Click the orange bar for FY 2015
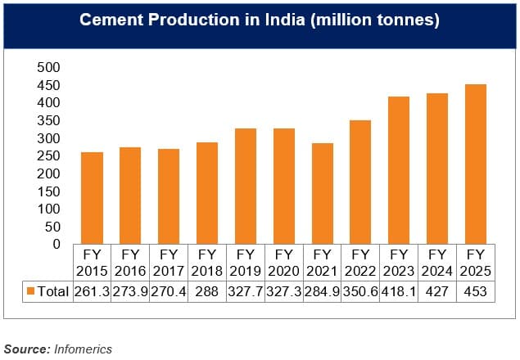click(x=92, y=198)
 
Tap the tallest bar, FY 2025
click(x=476, y=164)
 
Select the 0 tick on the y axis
click(x=57, y=244)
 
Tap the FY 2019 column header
click(x=245, y=263)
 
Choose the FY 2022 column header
click(x=360, y=263)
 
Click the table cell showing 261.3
click(x=92, y=290)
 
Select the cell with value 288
click(x=206, y=290)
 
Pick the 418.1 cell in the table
click(x=399, y=290)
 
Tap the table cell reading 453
click(x=476, y=290)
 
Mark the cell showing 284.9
click(x=322, y=290)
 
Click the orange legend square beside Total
click(x=31, y=290)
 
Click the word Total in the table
click(x=52, y=290)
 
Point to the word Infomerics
click(x=84, y=349)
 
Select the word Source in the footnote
click(x=27, y=349)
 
